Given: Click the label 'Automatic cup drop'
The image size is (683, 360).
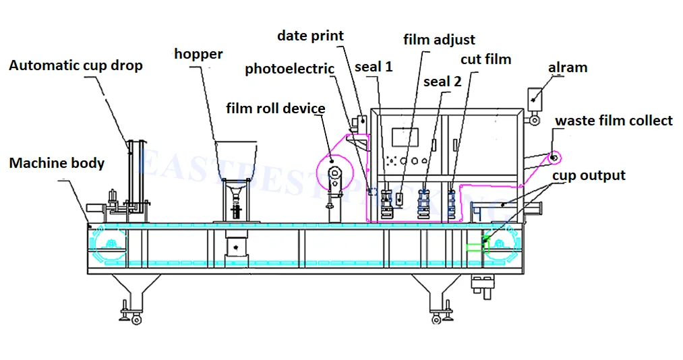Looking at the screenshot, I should pyautogui.click(x=76, y=66).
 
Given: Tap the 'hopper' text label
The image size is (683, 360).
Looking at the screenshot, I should pyautogui.click(x=198, y=54).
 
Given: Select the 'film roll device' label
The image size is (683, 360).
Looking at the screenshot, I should pyautogui.click(x=275, y=109).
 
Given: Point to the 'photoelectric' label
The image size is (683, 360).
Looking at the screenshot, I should pyautogui.click(x=289, y=69).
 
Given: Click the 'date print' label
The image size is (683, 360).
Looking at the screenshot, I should pyautogui.click(x=310, y=36).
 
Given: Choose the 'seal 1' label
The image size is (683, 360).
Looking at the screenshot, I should pyautogui.click(x=374, y=67).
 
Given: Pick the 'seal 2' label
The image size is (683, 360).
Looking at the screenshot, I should pyautogui.click(x=442, y=82).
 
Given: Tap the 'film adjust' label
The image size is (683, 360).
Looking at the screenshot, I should pyautogui.click(x=439, y=40).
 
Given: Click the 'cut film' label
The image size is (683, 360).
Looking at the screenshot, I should pyautogui.click(x=485, y=59).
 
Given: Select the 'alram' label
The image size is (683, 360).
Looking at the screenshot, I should pyautogui.click(x=567, y=67).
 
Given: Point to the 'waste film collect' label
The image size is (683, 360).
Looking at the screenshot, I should pyautogui.click(x=613, y=121).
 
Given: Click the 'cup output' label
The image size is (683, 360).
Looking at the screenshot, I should pyautogui.click(x=589, y=176).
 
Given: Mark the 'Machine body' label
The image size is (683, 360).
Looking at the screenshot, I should pyautogui.click(x=57, y=163).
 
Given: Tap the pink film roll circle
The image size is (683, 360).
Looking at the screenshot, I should pyautogui.click(x=332, y=161).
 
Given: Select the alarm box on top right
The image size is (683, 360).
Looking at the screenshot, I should pyautogui.click(x=535, y=97).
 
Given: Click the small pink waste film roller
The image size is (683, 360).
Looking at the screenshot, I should pyautogui.click(x=554, y=158).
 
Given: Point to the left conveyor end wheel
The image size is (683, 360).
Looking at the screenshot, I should pyautogui.click(x=109, y=245).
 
